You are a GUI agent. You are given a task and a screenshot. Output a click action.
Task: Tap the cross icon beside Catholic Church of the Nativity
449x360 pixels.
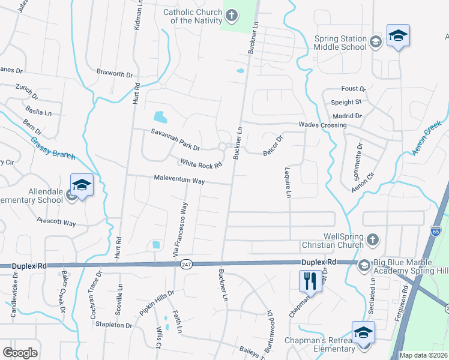[231, 14]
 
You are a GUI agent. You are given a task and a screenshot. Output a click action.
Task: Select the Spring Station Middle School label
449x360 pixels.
[340, 42]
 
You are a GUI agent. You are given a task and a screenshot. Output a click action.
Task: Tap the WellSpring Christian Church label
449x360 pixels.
[343, 241]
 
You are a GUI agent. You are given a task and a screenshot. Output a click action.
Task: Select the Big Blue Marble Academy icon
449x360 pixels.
[364, 265]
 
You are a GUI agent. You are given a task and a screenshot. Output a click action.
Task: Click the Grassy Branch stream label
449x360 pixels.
[54, 147]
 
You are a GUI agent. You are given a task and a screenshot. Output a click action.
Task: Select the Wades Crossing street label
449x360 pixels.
[323, 125]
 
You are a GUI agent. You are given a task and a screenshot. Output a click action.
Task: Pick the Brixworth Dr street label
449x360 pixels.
[115, 74]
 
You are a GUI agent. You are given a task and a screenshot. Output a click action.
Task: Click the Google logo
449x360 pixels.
[20, 353]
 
